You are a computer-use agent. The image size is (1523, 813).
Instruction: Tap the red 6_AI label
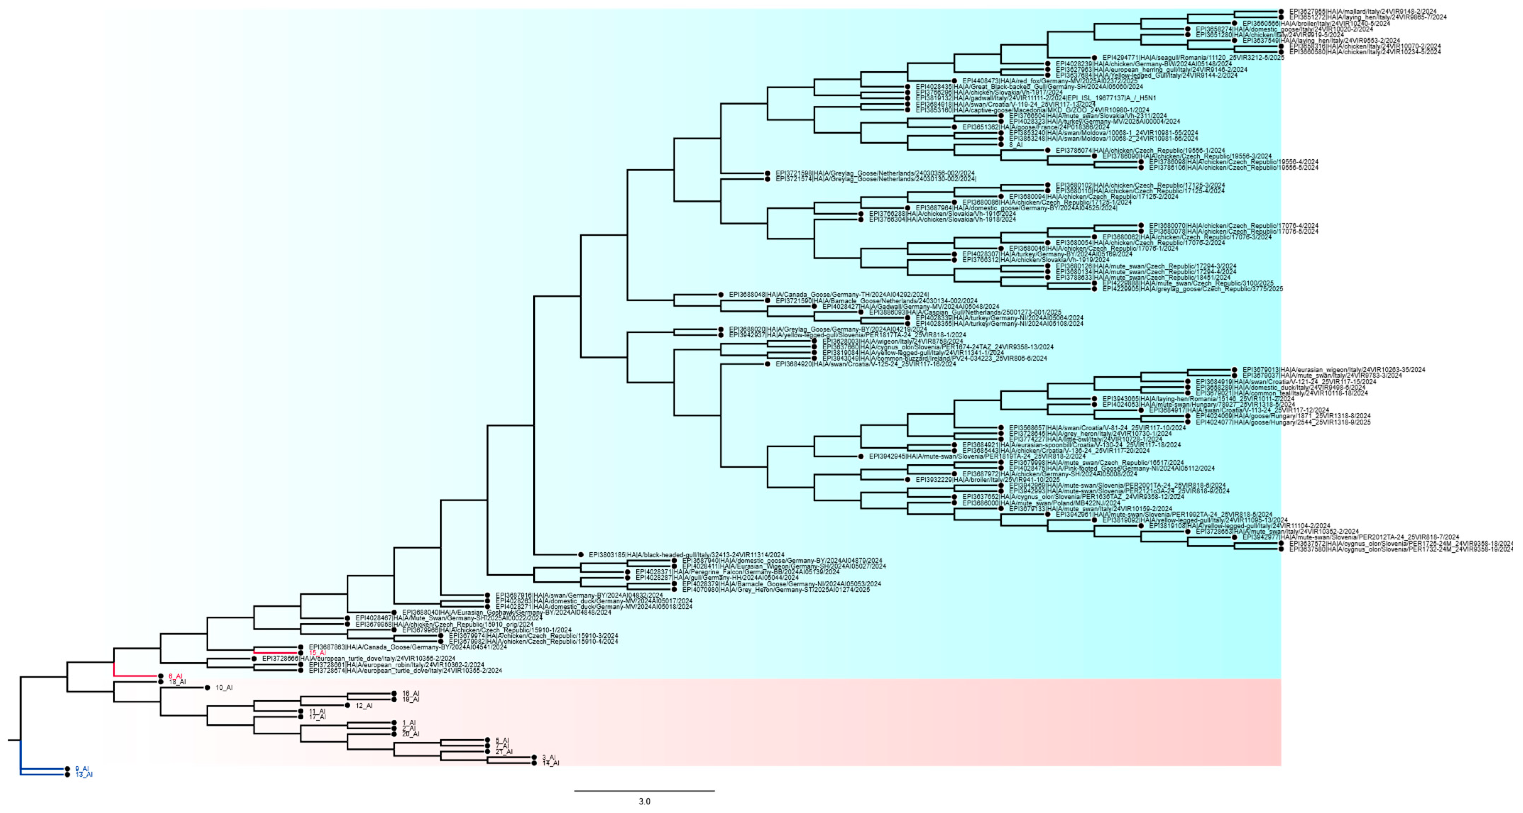tap(175, 676)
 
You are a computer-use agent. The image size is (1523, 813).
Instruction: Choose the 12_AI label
tap(364, 706)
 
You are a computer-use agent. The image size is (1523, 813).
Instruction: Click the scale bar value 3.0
tap(644, 802)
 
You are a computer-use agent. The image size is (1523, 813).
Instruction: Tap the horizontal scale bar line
tap(644, 791)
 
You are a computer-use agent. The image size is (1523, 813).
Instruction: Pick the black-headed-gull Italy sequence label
tap(686, 555)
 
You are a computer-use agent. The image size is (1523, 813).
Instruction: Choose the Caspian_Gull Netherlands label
tap(965, 312)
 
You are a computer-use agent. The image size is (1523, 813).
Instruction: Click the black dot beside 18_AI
tap(161, 682)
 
